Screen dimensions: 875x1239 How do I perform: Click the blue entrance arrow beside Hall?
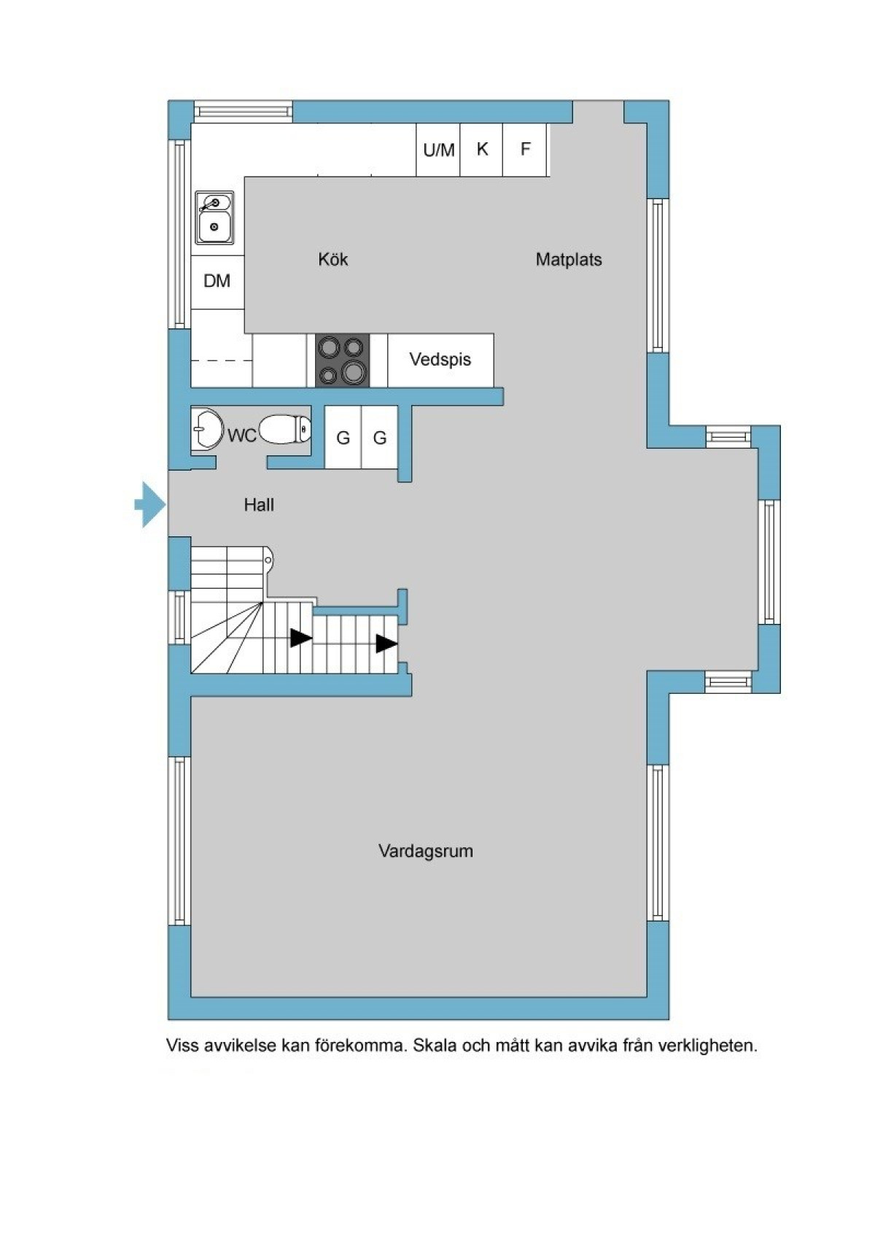point(150,504)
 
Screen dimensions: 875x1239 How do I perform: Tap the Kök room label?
point(332,259)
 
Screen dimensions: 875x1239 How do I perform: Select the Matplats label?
point(568,260)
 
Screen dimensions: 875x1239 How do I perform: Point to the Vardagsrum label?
point(426,850)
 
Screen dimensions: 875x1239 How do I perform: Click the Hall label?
point(259,504)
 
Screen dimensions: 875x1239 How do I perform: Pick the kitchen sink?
point(214,217)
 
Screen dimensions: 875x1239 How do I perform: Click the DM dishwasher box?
point(217,282)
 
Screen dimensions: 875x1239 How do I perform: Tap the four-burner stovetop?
point(341,360)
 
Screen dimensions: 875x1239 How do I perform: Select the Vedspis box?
point(440,360)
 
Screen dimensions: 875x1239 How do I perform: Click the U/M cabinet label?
point(439,150)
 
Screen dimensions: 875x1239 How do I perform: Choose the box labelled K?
point(481,150)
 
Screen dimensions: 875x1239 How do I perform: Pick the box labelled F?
point(524,150)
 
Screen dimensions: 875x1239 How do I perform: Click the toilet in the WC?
point(284,428)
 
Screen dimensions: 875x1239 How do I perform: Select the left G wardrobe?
point(343,437)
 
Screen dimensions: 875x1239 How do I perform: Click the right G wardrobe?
point(380,437)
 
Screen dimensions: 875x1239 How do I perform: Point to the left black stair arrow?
point(301,638)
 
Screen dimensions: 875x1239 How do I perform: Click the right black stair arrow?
point(387,644)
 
